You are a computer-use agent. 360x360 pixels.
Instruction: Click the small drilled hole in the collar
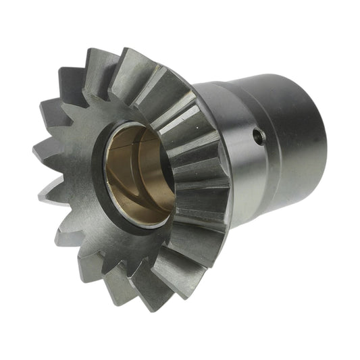click(258, 137)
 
